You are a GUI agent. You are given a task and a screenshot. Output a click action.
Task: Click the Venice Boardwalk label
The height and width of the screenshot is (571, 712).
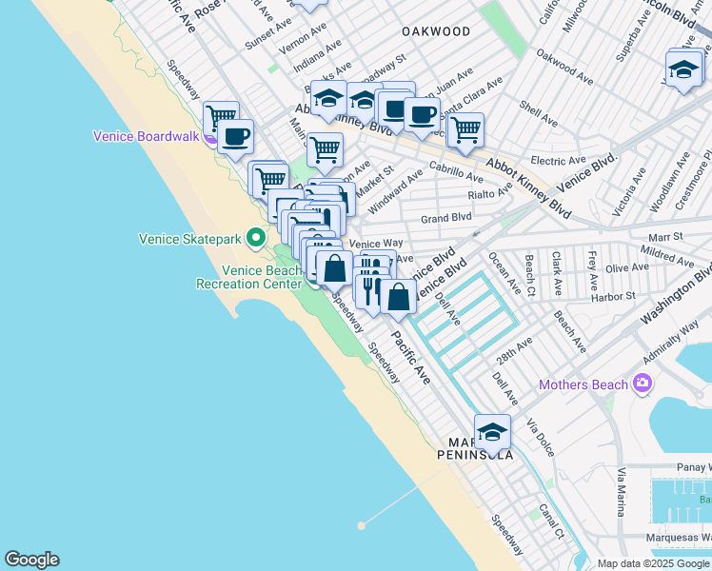point(146,136)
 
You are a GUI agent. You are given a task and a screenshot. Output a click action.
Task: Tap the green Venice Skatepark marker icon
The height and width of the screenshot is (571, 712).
point(255,237)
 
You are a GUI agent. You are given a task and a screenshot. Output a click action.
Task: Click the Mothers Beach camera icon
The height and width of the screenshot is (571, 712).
point(643,384)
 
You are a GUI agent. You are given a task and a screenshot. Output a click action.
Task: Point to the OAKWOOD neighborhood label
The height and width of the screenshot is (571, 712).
point(436,31)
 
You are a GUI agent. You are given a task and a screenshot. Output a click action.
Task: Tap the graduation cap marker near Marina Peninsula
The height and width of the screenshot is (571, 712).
point(492,433)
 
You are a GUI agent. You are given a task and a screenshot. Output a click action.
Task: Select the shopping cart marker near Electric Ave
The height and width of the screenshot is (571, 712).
point(465,130)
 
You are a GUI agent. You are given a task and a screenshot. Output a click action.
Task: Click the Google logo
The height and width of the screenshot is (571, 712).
point(31,560)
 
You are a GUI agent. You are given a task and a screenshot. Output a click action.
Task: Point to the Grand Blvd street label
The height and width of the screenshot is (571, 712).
point(446,218)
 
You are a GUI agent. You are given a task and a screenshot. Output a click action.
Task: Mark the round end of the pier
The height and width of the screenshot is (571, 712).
point(361,524)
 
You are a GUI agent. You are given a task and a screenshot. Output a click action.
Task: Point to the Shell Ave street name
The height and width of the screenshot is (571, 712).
point(540,114)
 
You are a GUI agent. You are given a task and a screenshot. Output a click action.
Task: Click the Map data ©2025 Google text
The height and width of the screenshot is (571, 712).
point(654,563)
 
